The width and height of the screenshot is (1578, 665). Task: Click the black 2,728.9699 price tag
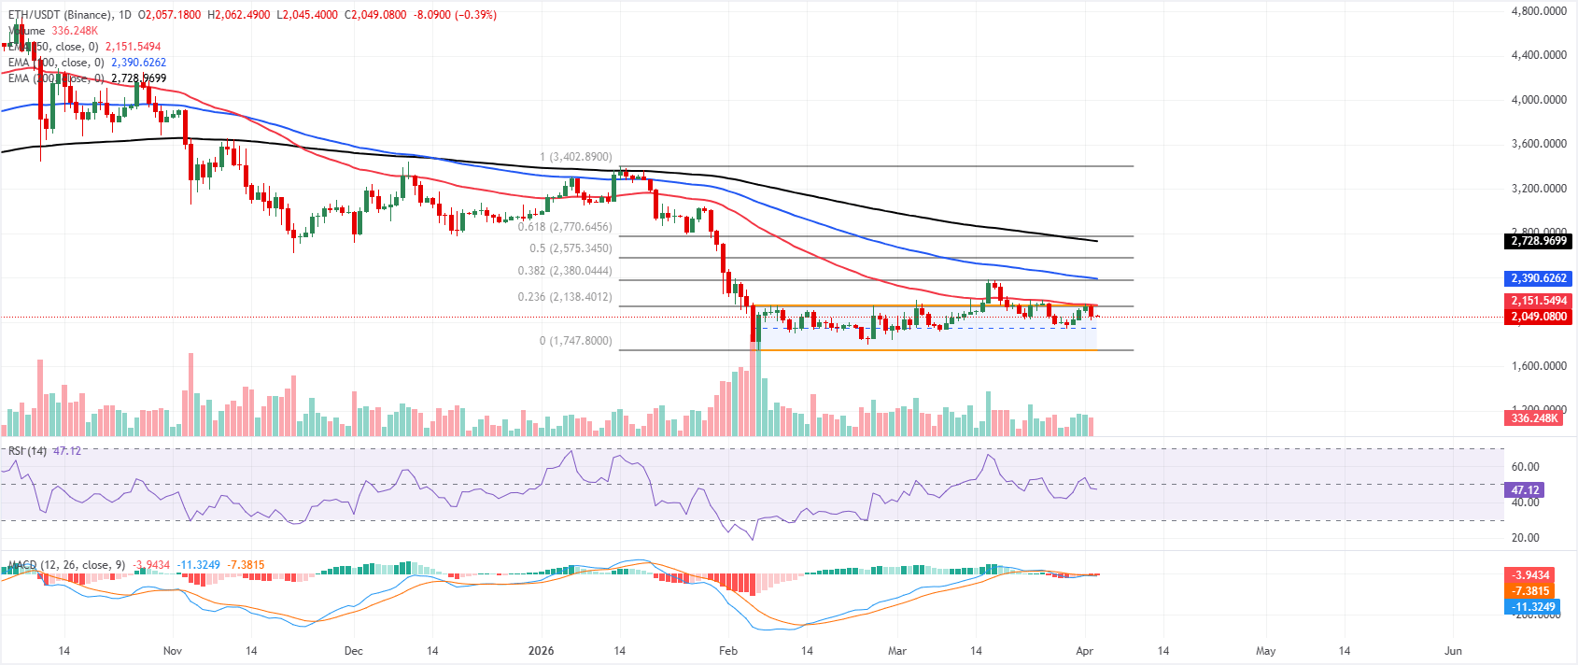[1539, 241]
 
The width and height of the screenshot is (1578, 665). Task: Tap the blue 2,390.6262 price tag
[1539, 278]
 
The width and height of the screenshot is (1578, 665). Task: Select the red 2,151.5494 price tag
[1539, 301]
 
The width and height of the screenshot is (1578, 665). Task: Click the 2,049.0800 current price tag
[1539, 317]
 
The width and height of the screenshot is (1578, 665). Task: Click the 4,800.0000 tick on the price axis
[1538, 11]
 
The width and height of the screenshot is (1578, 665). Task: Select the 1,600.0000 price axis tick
[1538, 366]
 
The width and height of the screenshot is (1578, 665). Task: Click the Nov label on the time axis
[172, 651]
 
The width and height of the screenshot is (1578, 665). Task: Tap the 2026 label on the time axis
[541, 651]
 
